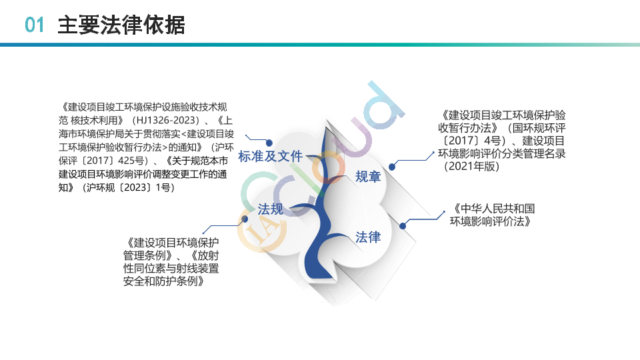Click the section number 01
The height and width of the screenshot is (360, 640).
34,25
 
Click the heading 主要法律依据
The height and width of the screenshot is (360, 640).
121,25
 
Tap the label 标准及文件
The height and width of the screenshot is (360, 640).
270,156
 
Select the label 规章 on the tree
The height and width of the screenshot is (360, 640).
368,176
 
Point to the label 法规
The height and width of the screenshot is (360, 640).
270,209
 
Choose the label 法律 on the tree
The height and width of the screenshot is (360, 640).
368,237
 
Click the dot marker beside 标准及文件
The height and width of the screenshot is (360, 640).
269,143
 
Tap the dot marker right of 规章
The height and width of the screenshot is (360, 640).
392,167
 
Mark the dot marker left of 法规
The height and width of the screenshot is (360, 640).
245,219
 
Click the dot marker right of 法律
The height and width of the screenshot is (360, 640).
403,226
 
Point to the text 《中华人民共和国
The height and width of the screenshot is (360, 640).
492,209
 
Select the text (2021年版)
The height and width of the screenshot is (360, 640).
471,166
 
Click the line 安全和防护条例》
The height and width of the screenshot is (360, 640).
164,281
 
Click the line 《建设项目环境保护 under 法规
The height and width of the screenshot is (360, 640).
171,243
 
